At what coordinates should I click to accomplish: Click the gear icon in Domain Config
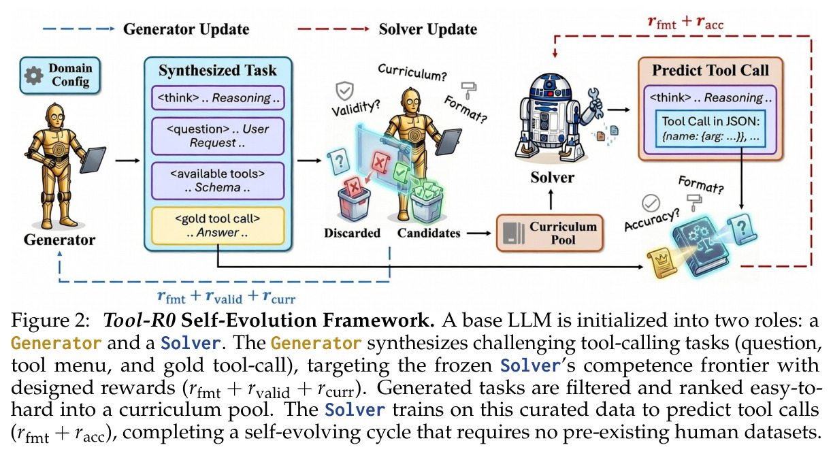pos(33,76)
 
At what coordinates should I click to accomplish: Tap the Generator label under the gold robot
pos(59,240)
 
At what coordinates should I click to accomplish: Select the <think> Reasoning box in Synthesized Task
pos(218,98)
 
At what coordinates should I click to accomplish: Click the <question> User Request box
pos(218,136)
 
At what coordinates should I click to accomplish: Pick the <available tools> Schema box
pos(218,180)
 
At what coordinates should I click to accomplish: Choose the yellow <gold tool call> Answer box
pos(218,226)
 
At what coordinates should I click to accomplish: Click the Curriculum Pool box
pos(550,233)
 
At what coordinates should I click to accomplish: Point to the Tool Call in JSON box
pos(710,129)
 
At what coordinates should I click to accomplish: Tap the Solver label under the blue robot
pos(552,178)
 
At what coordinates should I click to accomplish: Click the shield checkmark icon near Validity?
pos(345,91)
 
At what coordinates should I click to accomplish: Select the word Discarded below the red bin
pos(352,233)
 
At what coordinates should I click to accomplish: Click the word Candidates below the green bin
pos(429,233)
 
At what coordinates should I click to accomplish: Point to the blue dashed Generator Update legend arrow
pos(79,29)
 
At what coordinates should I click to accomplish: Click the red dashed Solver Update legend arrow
pos(333,29)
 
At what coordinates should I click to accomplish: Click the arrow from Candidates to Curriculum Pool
pos(479,233)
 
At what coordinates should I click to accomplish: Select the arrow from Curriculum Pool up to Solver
pos(551,199)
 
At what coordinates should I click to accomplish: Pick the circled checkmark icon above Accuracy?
pos(651,203)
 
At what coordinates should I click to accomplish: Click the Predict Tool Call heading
pos(710,70)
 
